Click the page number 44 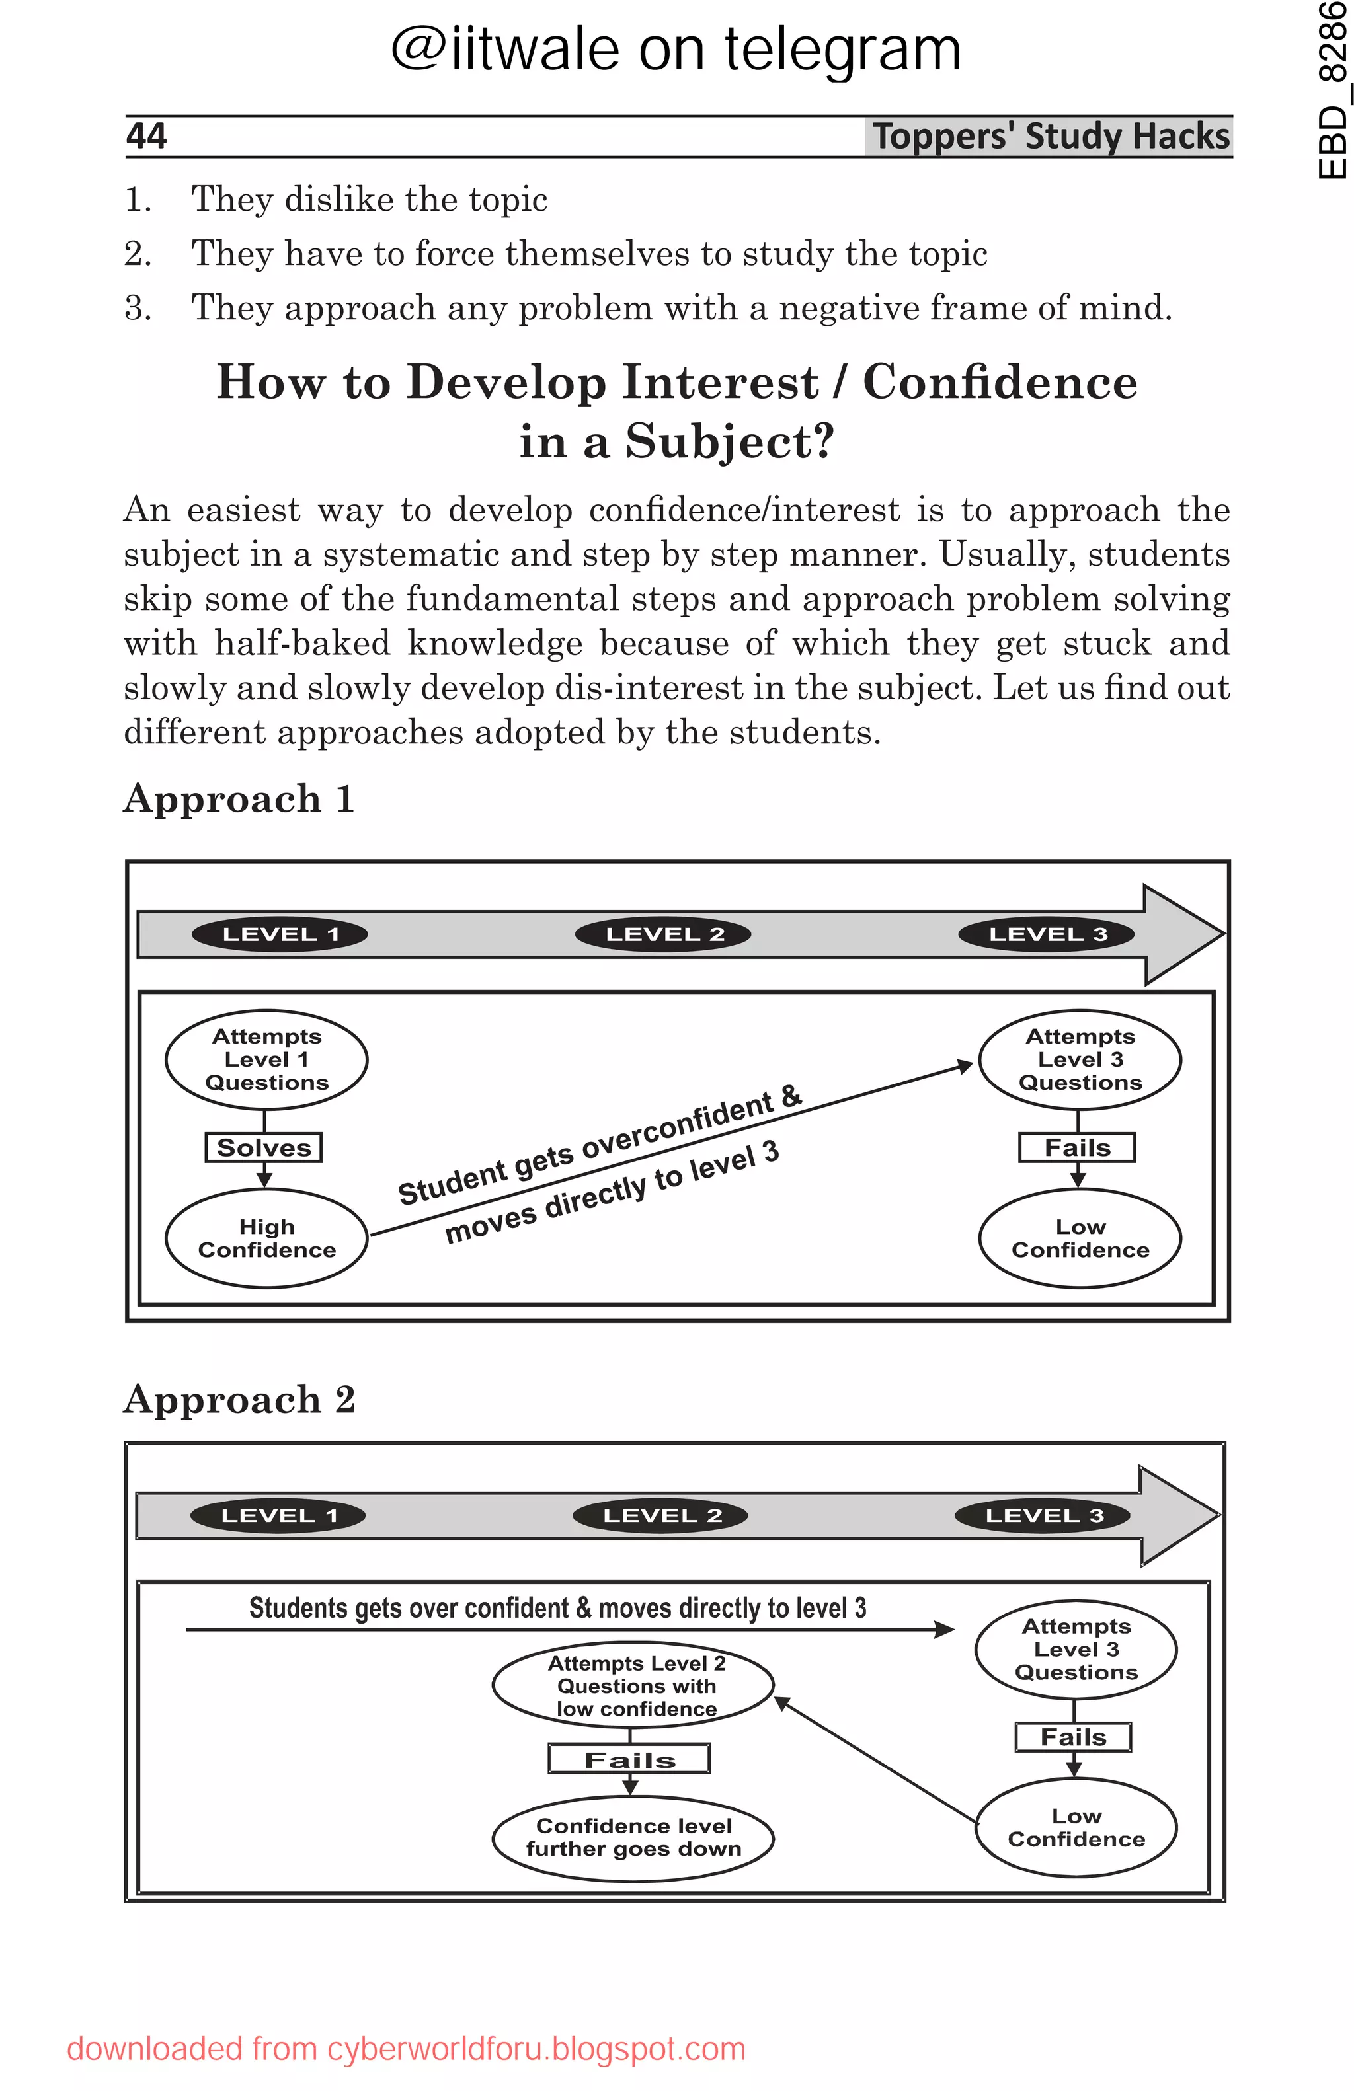pos(147,136)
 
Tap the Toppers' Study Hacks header pos(1050,136)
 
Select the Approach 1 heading pos(239,798)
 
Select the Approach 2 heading pos(239,1398)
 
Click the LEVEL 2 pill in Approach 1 pos(663,934)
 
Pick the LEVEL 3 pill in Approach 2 pos(1043,1515)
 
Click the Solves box pos(264,1147)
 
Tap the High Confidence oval pos(266,1238)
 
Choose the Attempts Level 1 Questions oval pos(266,1059)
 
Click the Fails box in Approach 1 pos(1077,1147)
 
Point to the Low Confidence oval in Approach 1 pos(1080,1238)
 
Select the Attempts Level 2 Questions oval pos(633,1685)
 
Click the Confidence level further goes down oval pos(633,1837)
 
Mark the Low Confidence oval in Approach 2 pos(1076,1827)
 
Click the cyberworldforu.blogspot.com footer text pos(536,2049)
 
